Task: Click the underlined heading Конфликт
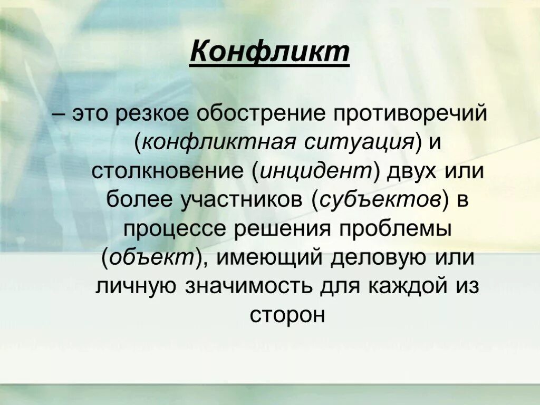pyautogui.click(x=269, y=53)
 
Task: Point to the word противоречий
pyautogui.click(x=402, y=115)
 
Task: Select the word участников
pyautogui.click(x=237, y=200)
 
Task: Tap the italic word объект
pyautogui.click(x=152, y=257)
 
